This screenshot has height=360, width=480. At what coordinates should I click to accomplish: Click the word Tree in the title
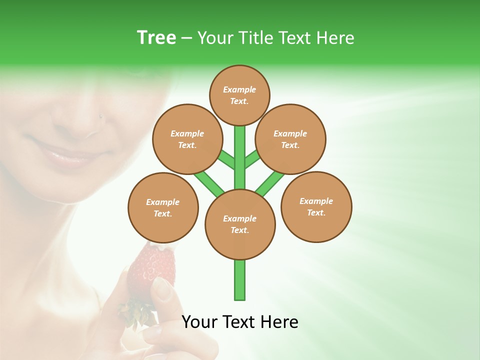156,38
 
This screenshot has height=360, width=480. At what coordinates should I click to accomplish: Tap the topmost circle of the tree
239,95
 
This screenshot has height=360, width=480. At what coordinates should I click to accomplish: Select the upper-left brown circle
187,139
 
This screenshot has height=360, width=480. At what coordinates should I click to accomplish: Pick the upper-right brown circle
290,139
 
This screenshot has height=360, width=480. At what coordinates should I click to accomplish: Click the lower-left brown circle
163,207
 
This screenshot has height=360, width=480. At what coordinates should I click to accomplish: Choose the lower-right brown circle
316,206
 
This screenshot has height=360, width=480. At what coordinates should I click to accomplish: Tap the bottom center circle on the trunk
240,224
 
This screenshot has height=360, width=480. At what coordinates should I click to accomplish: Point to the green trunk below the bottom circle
240,280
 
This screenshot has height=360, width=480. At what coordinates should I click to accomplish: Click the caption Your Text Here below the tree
240,322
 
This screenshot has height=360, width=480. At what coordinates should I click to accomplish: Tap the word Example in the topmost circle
239,89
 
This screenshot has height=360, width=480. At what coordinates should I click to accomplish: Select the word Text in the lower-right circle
315,212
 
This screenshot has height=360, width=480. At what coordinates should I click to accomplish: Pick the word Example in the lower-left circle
163,202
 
